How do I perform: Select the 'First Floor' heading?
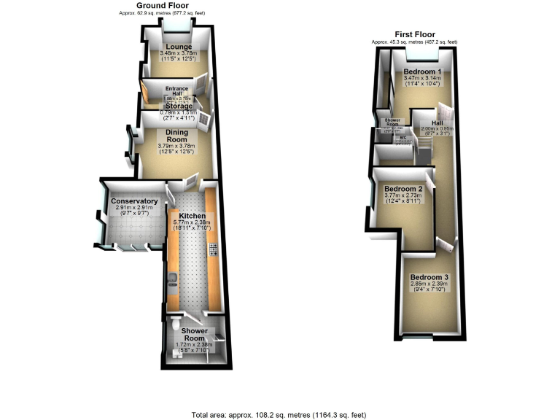tap(414, 34)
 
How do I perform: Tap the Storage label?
tap(178, 106)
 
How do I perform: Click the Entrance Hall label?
tap(177, 92)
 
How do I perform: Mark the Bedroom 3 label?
tap(429, 277)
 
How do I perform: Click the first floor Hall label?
tap(437, 124)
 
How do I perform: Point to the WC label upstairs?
tap(402, 136)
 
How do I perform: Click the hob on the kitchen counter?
tap(213, 252)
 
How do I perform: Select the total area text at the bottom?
tap(280, 414)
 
